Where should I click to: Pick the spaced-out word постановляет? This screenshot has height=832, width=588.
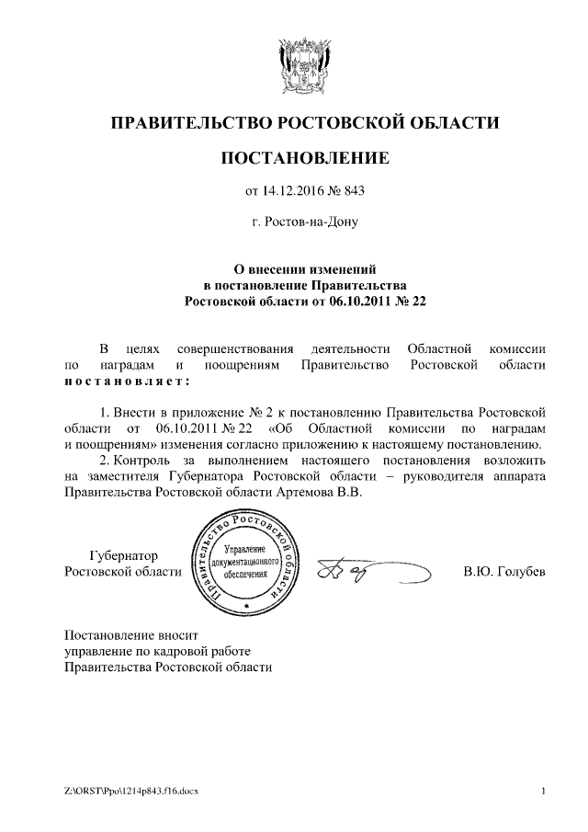click(x=127, y=381)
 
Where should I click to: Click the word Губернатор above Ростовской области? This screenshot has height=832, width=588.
click(x=123, y=556)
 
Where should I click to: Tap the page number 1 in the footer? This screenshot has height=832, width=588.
click(x=545, y=792)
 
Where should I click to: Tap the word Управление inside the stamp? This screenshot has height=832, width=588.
click(x=246, y=548)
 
